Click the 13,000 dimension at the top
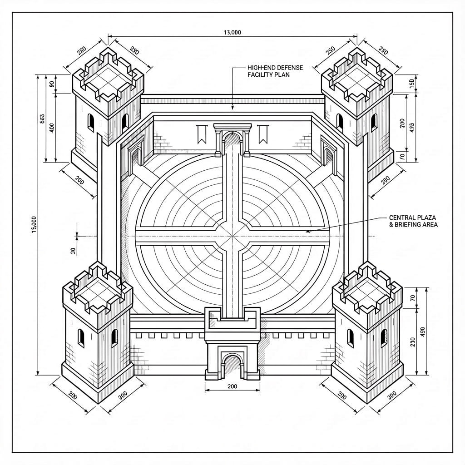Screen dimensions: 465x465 click(x=232, y=32)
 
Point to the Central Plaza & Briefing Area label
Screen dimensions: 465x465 click(x=413, y=221)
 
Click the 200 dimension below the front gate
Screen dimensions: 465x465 click(x=232, y=386)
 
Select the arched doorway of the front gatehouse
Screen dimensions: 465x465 click(x=232, y=366)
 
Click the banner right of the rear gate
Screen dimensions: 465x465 click(x=262, y=134)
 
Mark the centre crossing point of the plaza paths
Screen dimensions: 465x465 click(x=232, y=236)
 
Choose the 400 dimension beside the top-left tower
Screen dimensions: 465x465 click(x=51, y=128)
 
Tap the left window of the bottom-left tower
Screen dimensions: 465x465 click(x=81, y=338)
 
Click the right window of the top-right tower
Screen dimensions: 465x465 click(x=374, y=122)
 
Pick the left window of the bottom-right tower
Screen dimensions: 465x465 click(x=351, y=338)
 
